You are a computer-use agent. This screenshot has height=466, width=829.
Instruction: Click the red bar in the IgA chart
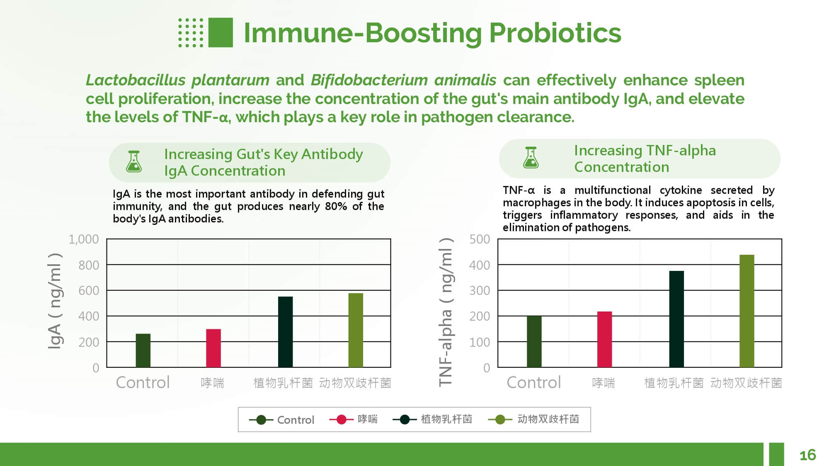213,348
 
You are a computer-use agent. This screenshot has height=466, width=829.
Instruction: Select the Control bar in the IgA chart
143,350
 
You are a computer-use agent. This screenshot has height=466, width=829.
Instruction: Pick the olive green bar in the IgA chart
355,330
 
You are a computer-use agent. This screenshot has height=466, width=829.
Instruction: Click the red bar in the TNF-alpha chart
604,339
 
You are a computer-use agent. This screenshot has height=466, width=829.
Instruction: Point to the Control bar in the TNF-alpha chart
534,341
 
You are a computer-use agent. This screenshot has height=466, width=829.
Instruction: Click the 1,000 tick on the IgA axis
84,239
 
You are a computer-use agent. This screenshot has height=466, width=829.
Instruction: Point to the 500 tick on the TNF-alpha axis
480,239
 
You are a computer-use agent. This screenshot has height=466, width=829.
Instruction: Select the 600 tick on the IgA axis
89,290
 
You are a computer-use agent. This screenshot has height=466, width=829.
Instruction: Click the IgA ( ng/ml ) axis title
55,301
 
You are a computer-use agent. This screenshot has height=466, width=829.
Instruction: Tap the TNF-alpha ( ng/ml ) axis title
446,312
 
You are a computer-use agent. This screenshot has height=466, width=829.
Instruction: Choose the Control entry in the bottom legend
295,420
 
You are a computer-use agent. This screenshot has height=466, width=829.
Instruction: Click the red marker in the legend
341,420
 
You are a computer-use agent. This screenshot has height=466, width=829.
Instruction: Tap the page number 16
807,455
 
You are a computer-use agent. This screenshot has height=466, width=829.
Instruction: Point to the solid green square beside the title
221,32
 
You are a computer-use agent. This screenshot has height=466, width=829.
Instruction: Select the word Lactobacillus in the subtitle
136,80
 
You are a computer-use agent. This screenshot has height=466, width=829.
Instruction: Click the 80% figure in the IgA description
336,206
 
